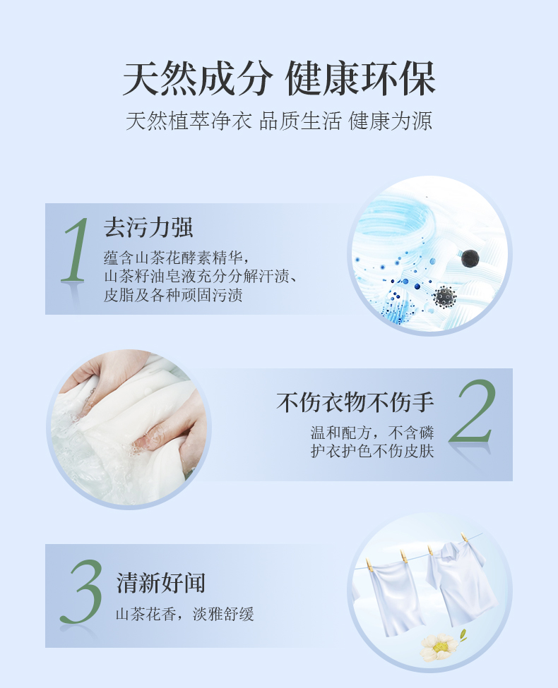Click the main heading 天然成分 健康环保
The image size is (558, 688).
[279, 78]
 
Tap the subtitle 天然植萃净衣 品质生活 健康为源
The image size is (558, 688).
[279, 121]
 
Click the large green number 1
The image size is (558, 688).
[76, 250]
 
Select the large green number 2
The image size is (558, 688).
[473, 411]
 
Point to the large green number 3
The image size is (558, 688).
[81, 591]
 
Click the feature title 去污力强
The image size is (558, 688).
[148, 228]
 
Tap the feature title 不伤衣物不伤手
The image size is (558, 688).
[355, 402]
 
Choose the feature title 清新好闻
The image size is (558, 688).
[161, 583]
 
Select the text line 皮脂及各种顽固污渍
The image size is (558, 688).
[173, 295]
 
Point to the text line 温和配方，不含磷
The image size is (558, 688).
[372, 433]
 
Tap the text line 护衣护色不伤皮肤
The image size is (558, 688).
[372, 451]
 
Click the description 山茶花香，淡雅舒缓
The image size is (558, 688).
[184, 614]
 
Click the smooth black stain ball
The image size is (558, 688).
[470, 258]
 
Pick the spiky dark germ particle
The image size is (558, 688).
[445, 297]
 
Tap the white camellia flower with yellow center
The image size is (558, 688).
[439, 647]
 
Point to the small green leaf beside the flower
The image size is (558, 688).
[463, 634]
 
